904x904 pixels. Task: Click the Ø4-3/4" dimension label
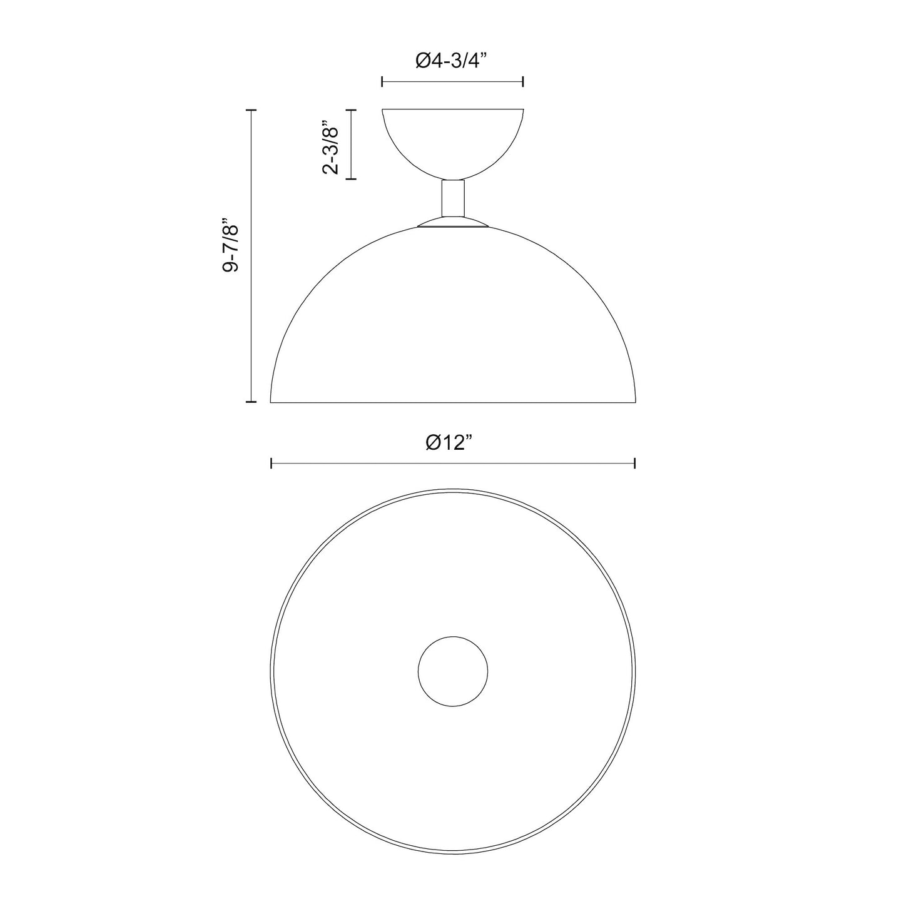point(451,61)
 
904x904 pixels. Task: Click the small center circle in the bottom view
point(452,671)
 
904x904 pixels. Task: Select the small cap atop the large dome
point(453,223)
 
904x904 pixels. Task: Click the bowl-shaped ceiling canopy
point(453,141)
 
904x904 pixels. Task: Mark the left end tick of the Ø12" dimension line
point(271,463)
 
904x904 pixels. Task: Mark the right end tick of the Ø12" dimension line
point(635,463)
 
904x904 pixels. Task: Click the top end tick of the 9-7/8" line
point(251,110)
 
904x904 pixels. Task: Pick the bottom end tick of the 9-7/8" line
point(251,402)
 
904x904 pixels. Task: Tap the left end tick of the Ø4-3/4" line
point(382,81)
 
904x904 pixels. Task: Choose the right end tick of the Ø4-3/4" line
point(523,81)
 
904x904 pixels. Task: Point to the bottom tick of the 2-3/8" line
point(351,180)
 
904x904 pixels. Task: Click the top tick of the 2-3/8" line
point(351,110)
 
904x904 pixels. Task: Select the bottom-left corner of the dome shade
point(271,402)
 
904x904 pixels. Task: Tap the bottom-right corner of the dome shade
point(636,402)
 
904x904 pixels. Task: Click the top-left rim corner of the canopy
point(383,110)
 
